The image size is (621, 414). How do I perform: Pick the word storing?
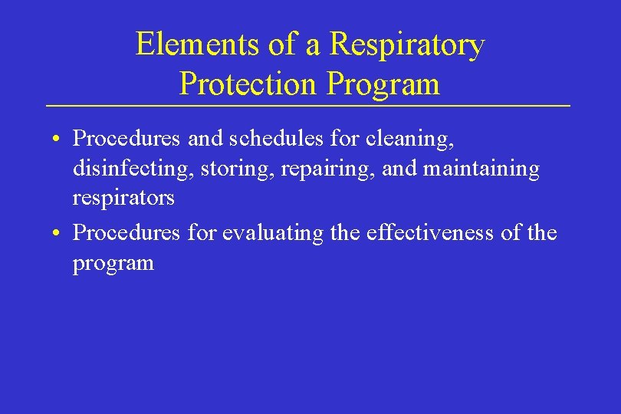(237, 168)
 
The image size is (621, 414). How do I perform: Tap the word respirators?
(123, 197)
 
